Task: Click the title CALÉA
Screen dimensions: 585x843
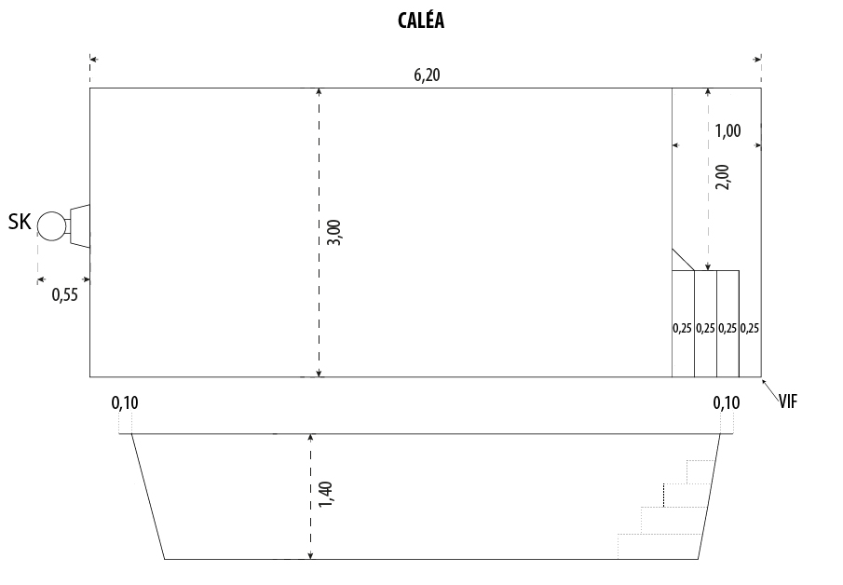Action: pyautogui.click(x=421, y=21)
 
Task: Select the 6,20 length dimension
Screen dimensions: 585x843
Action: pyautogui.click(x=427, y=75)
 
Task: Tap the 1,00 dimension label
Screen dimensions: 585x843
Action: pyautogui.click(x=727, y=130)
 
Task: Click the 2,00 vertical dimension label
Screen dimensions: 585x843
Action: pyautogui.click(x=723, y=176)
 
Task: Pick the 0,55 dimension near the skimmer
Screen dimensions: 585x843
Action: pyautogui.click(x=64, y=295)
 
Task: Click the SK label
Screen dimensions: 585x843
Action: pyautogui.click(x=20, y=222)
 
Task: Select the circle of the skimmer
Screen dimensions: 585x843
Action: pyautogui.click(x=51, y=225)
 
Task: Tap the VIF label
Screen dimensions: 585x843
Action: pyautogui.click(x=788, y=401)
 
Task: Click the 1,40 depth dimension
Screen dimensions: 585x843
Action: pyautogui.click(x=325, y=495)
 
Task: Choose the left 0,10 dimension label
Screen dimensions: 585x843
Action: pyautogui.click(x=124, y=402)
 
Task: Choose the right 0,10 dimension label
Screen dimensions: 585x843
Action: pyautogui.click(x=726, y=402)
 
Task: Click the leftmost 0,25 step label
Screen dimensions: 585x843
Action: pyautogui.click(x=682, y=328)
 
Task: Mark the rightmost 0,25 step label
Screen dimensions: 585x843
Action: pyautogui.click(x=750, y=328)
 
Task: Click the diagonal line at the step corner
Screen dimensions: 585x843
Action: pyautogui.click(x=683, y=259)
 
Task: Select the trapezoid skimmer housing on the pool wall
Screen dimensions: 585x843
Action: pyautogui.click(x=80, y=225)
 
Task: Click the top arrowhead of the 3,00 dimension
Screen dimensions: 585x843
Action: pyautogui.click(x=319, y=91)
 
